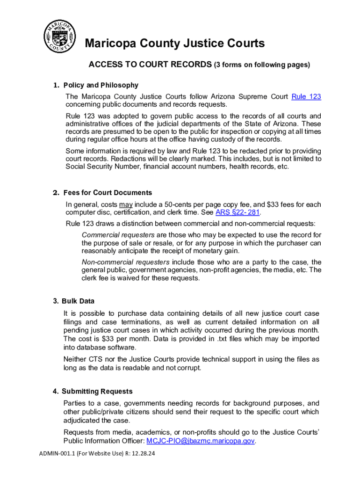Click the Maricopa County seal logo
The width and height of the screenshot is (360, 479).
(x=59, y=37)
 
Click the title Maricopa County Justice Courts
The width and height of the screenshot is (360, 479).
(x=174, y=44)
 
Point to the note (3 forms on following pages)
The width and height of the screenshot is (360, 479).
(x=262, y=65)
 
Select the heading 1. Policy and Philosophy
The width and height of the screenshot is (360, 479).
(x=95, y=85)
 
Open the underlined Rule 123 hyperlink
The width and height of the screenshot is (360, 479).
(x=306, y=97)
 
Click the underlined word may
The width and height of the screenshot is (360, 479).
(x=126, y=204)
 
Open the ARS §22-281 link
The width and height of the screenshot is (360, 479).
(x=237, y=212)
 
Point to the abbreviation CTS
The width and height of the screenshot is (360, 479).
(x=96, y=359)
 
